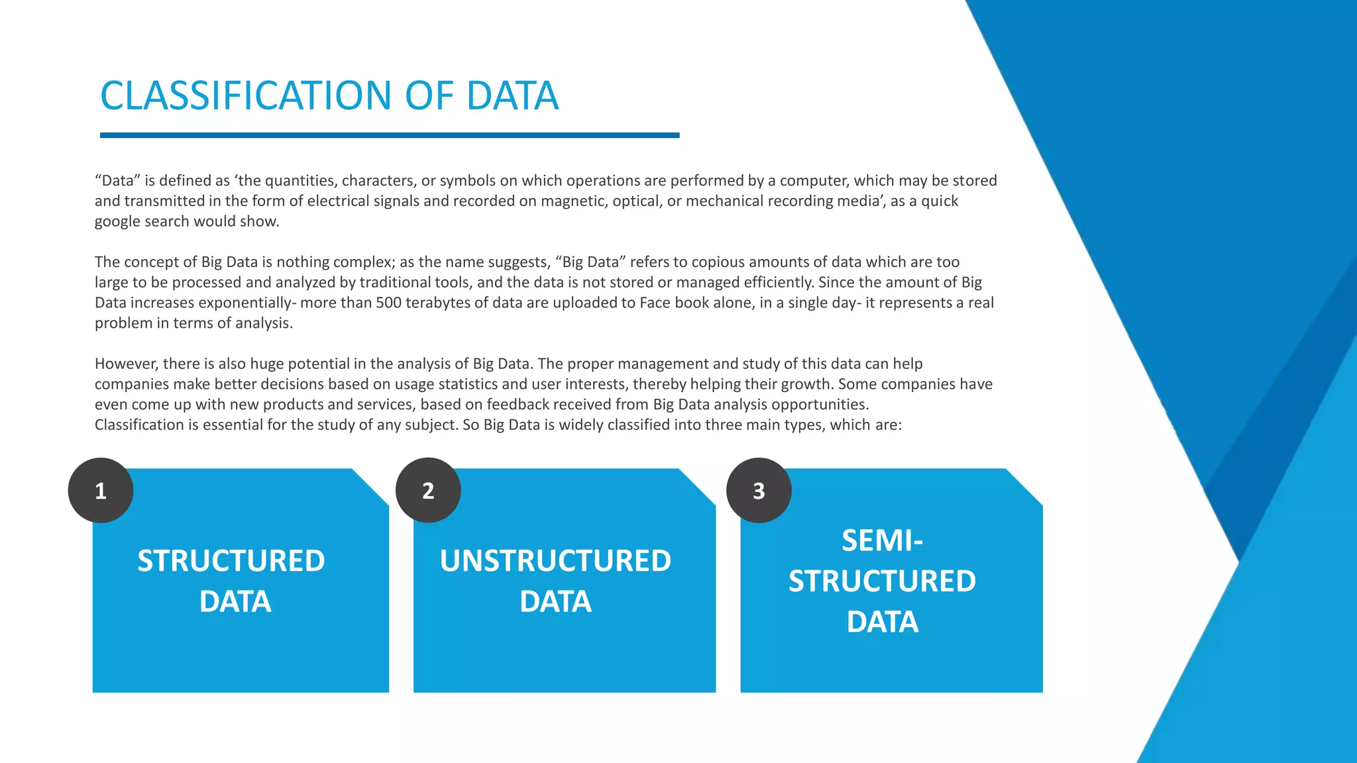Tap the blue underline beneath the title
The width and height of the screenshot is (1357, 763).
point(390,135)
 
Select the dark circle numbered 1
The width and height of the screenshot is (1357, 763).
point(101,490)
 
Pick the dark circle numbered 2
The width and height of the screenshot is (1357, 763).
point(428,490)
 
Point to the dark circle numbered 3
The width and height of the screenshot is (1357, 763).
point(759,490)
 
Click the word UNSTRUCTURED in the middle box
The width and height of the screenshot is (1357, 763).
point(555,561)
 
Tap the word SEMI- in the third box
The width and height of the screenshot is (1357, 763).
point(882,540)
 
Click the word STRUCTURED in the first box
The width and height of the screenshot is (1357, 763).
point(231,561)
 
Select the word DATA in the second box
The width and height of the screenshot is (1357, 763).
point(555,601)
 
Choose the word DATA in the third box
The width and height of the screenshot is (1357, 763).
point(882,622)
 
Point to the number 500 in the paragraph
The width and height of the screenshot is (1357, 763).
point(388,303)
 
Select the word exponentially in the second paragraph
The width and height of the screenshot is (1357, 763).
point(246,303)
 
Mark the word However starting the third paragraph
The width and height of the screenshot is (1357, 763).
point(126,364)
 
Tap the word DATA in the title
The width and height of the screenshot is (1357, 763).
point(512,95)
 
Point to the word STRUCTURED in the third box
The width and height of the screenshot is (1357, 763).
point(882,582)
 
